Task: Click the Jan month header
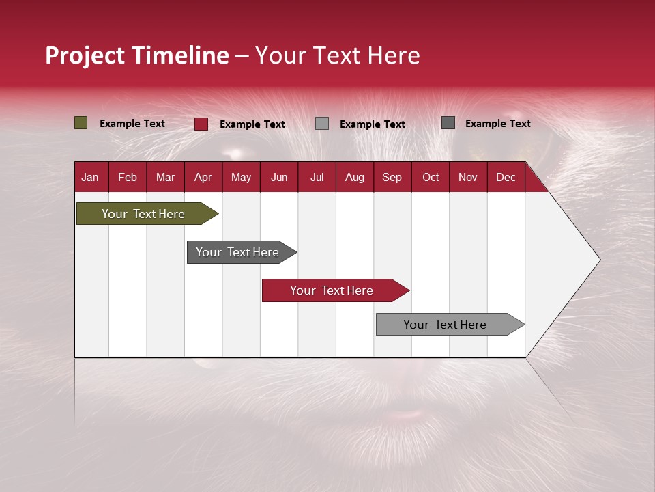(90, 177)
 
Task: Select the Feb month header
(128, 177)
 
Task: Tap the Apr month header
(203, 177)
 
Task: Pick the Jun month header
(279, 177)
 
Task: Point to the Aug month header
(354, 177)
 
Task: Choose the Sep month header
(392, 177)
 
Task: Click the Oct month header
(431, 177)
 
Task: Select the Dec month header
(506, 177)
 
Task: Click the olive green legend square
(81, 123)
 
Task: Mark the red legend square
(201, 124)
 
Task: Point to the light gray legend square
(322, 124)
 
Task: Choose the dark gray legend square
(448, 123)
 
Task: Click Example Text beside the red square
(252, 124)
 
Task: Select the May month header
(241, 177)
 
